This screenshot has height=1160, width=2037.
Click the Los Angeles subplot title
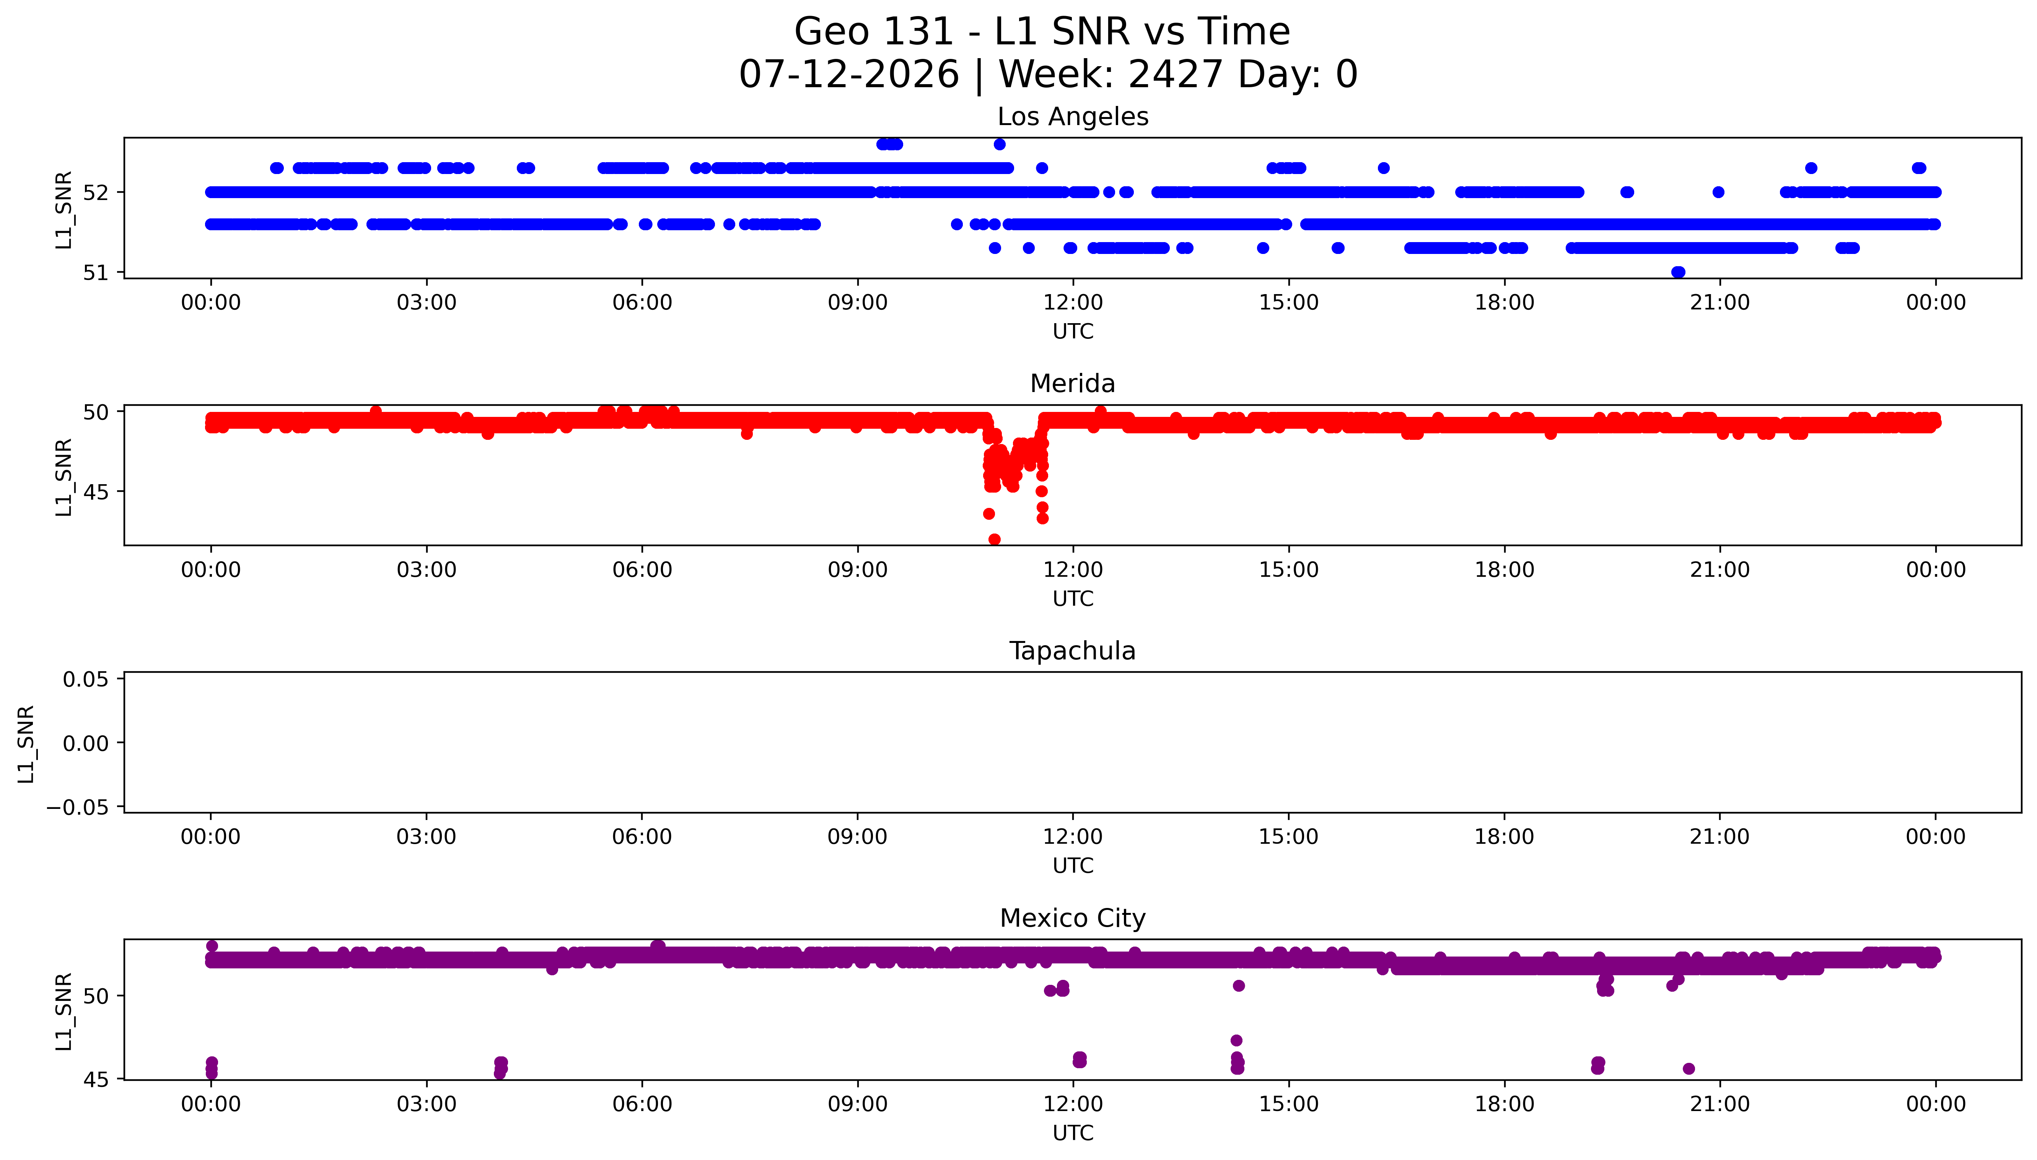tap(1072, 117)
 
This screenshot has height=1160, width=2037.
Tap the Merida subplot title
tap(1072, 384)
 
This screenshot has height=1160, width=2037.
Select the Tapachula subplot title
tap(1072, 651)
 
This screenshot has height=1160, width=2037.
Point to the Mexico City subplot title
tap(1072, 919)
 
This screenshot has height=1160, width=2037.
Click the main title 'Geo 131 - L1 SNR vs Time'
tap(1042, 32)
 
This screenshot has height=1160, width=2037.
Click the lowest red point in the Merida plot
tap(994, 539)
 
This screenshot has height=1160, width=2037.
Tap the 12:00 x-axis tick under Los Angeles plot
tap(1073, 303)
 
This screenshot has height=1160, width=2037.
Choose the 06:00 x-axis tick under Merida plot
tap(642, 569)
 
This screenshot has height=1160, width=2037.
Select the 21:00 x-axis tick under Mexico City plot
tap(1720, 1104)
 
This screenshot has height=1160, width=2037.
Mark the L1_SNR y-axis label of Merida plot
tap(64, 477)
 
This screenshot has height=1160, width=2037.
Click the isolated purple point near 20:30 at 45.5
tap(1688, 1068)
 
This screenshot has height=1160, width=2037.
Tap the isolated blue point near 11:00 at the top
tap(999, 144)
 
